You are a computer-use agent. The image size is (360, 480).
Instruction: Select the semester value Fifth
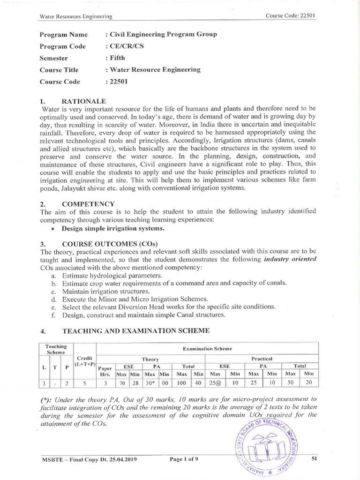(x=116, y=58)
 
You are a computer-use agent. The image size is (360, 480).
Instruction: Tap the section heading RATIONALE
(x=84, y=101)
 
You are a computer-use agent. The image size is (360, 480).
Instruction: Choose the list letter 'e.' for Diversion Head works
(x=54, y=307)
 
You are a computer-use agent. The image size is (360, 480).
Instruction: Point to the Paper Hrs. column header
(x=106, y=371)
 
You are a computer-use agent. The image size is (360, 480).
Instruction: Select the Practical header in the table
(x=263, y=359)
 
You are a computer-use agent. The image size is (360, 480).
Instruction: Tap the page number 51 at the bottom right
(x=315, y=459)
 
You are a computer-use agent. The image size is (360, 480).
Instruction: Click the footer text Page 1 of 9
(x=184, y=459)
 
